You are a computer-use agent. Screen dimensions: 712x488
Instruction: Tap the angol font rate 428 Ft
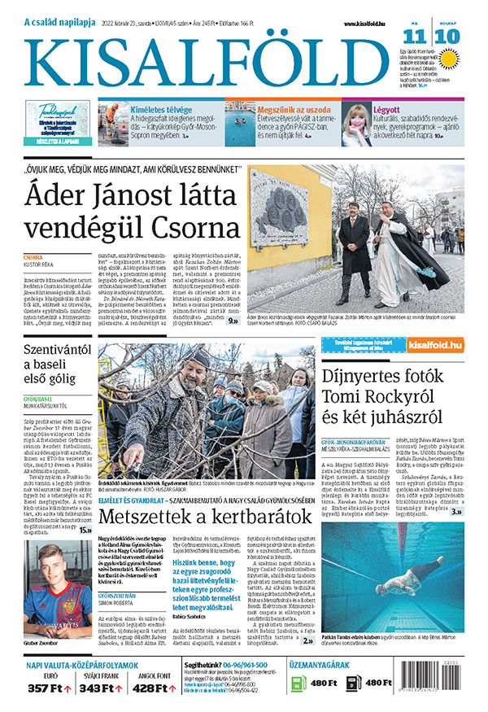155,688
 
